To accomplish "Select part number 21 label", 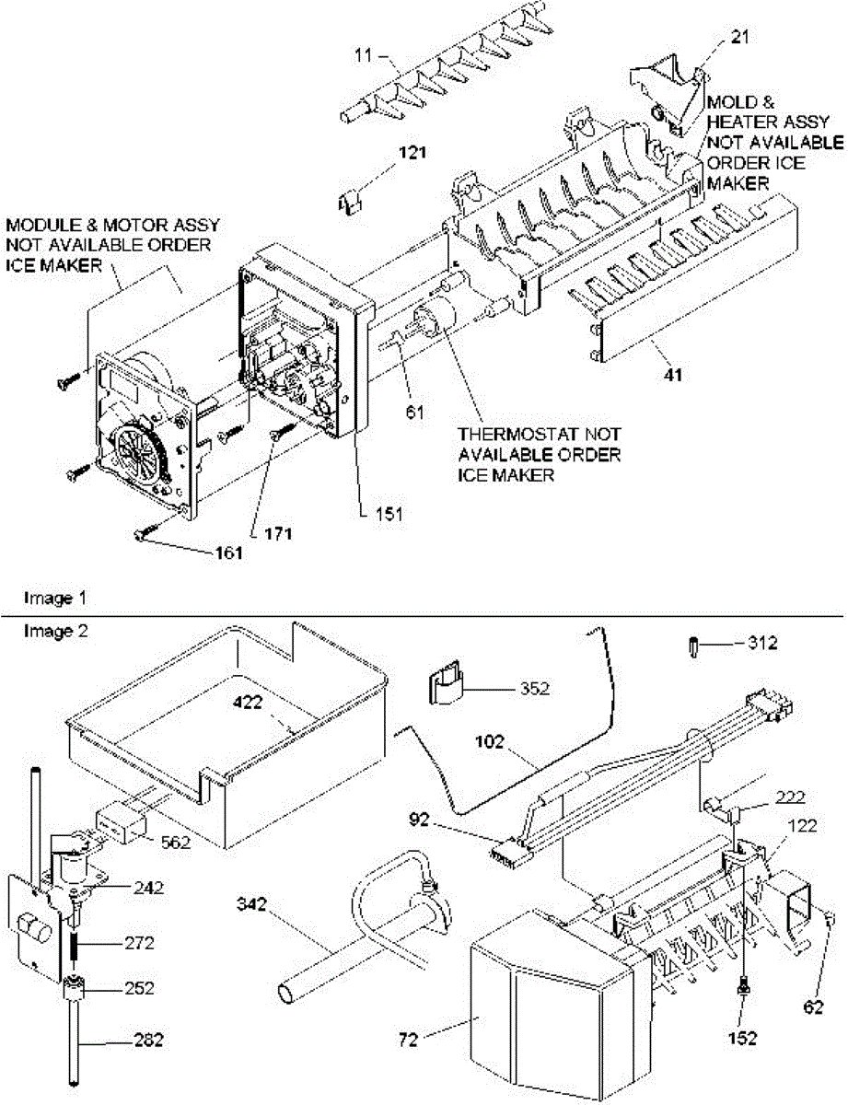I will pyautogui.click(x=716, y=38).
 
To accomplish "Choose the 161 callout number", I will pyautogui.click(x=227, y=552).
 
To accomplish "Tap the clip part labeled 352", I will pyautogui.click(x=443, y=686).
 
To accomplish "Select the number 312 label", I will pyautogui.click(x=761, y=644).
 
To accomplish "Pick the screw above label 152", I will pyautogui.click(x=741, y=988).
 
